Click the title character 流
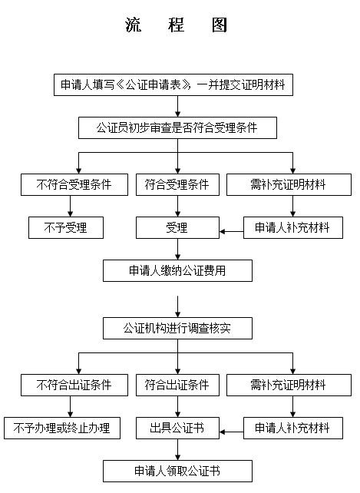(133, 25)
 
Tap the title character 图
(219, 25)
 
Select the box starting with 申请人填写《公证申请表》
(173, 85)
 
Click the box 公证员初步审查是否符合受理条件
(177, 128)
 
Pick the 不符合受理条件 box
(74, 184)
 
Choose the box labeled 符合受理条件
(177, 184)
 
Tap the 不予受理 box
(66, 227)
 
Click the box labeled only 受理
(177, 227)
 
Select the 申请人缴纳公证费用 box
(177, 271)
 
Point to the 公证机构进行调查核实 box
(177, 328)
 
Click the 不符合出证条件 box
(74, 385)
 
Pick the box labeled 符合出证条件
(177, 385)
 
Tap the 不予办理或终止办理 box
(62, 428)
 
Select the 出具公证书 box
(177, 428)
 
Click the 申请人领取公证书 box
(177, 471)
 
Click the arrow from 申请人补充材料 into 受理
(231, 232)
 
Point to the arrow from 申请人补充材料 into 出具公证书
(231, 432)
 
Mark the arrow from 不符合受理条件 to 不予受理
(70, 206)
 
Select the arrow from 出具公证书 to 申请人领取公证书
(177, 449)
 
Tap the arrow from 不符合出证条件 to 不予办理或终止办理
(70, 406)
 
